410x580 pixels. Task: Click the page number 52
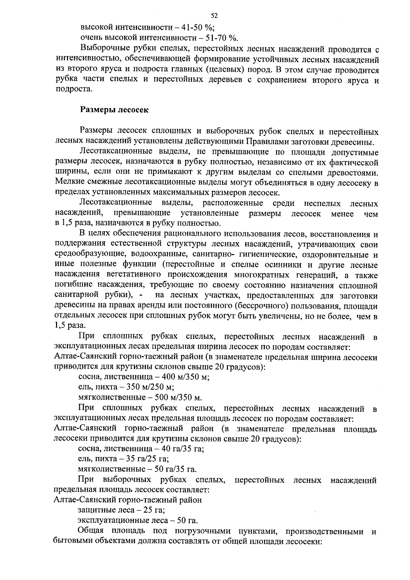214,16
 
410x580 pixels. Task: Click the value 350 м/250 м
150,387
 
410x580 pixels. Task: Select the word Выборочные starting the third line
104,50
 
